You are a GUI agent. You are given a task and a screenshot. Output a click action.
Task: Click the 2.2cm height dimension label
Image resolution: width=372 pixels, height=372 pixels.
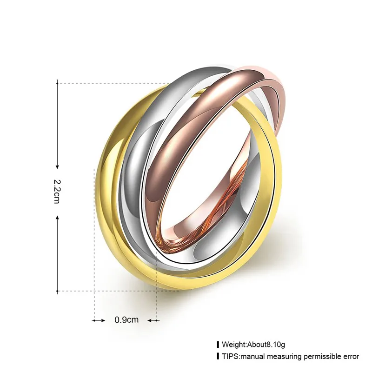57,192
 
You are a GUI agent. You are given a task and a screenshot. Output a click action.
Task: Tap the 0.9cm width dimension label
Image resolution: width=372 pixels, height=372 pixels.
126,320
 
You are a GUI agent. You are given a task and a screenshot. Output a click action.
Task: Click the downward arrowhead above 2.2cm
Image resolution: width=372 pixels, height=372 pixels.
57,166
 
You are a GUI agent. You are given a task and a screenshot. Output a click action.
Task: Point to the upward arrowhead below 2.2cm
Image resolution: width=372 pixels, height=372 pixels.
57,218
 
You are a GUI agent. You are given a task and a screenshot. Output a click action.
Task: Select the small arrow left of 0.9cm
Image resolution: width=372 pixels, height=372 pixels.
99,321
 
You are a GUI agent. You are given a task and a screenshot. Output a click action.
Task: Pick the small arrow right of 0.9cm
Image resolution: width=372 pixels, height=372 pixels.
153,321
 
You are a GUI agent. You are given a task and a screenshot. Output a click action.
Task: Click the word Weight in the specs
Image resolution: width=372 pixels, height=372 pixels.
234,344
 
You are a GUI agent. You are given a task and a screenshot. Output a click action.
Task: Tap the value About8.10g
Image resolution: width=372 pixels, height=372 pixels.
266,344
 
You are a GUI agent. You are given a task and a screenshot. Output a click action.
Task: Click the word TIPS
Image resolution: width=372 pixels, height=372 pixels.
230,356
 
